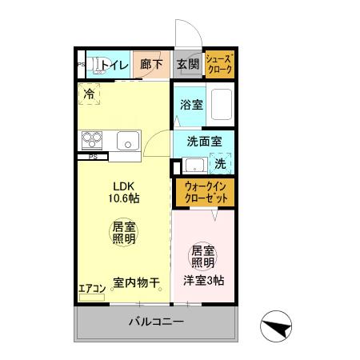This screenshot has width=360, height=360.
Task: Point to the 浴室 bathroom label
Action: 191,104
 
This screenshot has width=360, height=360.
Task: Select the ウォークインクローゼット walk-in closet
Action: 204,192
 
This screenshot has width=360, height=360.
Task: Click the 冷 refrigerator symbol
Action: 90,94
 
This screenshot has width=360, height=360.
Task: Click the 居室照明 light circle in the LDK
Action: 123,234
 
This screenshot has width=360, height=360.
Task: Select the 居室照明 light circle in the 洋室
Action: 202,256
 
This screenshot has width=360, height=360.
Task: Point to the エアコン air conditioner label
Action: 91,289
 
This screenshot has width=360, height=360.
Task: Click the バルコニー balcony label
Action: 157,322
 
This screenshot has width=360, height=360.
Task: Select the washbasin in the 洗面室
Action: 193,165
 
